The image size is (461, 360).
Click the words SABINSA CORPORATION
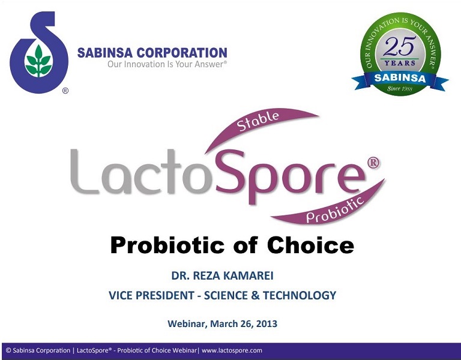click(152, 53)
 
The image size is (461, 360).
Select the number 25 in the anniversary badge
click(400, 46)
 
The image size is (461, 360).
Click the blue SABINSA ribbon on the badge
click(400, 78)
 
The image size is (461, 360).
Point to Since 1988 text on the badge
click(400, 89)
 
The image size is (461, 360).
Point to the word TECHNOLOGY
click(302, 295)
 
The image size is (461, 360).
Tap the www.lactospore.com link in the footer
click(232, 350)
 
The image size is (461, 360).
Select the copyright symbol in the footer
click(8, 350)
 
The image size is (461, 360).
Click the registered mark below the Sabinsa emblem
click(65, 91)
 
